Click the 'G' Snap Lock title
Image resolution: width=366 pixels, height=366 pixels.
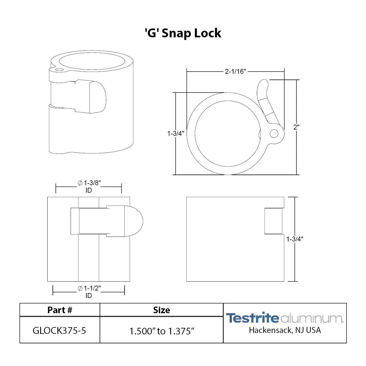point(183,33)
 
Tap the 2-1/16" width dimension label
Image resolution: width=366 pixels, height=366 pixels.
point(235,71)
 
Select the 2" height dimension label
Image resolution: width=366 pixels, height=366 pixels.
point(296,127)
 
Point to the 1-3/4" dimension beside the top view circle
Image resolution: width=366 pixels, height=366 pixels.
point(176,133)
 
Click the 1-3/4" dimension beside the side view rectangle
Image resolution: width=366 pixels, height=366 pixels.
point(295,239)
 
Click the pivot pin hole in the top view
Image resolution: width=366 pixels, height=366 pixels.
point(274,134)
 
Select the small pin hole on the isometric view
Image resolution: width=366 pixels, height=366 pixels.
point(59,70)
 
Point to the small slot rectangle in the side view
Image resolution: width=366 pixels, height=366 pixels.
point(273,221)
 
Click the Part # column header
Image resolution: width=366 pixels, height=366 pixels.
point(60,310)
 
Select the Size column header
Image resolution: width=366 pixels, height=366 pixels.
point(161,310)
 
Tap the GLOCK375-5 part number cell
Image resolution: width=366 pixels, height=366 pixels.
point(59,331)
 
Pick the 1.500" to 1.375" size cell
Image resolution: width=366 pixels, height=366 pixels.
point(162,331)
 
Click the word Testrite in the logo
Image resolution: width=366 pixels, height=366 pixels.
point(252,318)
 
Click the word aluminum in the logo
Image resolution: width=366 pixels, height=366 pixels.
point(311,319)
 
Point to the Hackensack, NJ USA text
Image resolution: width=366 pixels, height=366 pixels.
point(285,330)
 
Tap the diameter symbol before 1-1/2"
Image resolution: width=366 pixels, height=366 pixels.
point(80,288)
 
